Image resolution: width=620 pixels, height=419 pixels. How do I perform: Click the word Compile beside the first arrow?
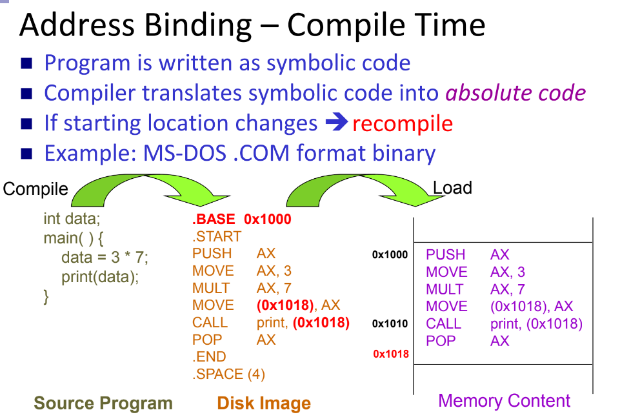tap(35, 189)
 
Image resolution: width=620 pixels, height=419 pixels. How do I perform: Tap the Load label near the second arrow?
tap(452, 188)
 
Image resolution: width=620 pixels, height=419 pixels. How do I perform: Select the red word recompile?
tap(403, 123)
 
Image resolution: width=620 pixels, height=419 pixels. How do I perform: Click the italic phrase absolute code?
tap(515, 93)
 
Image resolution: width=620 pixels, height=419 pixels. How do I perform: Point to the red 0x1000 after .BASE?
tap(268, 220)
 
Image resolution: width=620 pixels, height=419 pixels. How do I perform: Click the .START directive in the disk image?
tap(217, 236)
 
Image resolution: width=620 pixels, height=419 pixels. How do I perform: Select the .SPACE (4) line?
tap(228, 374)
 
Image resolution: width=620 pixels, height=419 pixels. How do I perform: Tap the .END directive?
tap(209, 357)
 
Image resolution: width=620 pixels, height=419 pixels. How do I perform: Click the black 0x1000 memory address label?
tap(390, 255)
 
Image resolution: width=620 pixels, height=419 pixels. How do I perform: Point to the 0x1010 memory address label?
tap(390, 323)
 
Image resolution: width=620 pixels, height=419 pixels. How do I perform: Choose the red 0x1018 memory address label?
tap(391, 354)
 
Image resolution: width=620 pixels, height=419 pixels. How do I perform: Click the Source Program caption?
tap(103, 404)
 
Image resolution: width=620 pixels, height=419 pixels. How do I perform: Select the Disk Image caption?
tap(264, 404)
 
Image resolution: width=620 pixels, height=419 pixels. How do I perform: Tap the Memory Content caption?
tap(504, 401)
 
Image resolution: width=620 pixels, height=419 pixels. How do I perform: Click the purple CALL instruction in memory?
tap(443, 323)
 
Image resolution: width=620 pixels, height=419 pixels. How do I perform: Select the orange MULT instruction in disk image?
tap(210, 288)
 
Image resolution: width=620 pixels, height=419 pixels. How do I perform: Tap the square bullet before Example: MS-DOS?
tap(26, 154)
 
